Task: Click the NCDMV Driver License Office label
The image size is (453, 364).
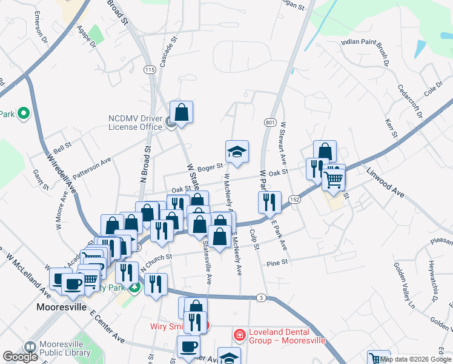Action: (x=136, y=123)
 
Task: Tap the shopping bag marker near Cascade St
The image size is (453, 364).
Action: (x=181, y=112)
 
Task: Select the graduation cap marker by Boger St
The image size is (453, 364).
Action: (x=237, y=152)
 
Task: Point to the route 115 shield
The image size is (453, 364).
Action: (x=150, y=70)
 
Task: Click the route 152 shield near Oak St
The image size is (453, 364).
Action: (x=294, y=199)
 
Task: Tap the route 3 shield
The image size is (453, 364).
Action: (x=260, y=297)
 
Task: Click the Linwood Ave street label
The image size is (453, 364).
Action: (x=385, y=182)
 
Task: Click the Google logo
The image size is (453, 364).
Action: (x=20, y=357)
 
